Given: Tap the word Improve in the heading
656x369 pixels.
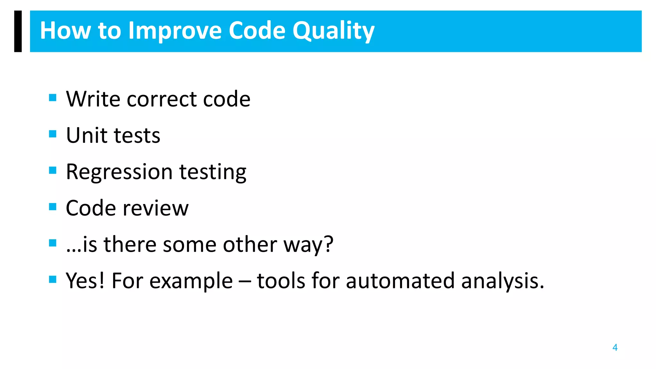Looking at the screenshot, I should [x=175, y=31].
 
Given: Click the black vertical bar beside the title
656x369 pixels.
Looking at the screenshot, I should [x=18, y=31].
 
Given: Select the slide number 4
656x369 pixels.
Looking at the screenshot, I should [x=615, y=348].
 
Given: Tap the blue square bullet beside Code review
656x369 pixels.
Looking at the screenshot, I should [x=53, y=207].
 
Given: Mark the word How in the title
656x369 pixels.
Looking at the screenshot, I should [x=65, y=31].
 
